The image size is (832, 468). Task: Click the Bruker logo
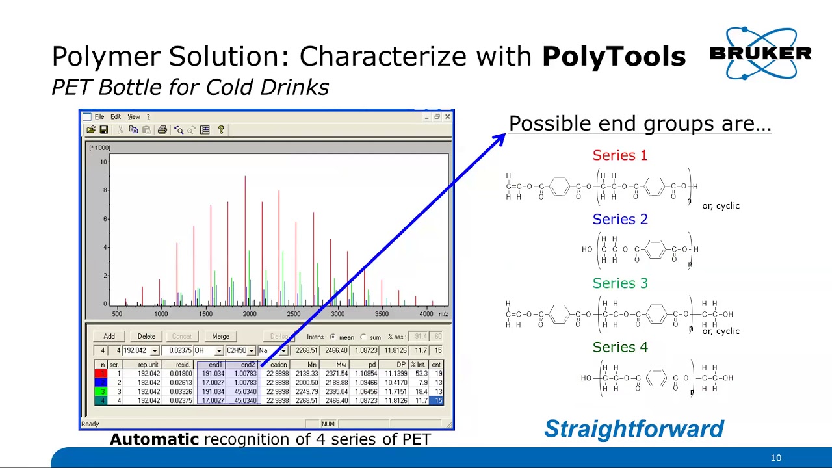click(760, 53)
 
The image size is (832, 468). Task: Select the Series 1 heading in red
click(619, 155)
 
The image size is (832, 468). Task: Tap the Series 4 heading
click(619, 347)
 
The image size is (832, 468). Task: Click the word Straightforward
click(634, 429)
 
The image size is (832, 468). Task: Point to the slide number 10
click(775, 458)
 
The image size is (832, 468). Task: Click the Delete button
click(146, 336)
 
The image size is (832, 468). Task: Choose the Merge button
click(220, 336)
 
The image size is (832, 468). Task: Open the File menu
click(99, 117)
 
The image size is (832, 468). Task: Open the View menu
click(134, 117)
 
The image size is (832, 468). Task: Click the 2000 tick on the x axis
click(250, 314)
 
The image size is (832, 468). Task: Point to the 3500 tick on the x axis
click(382, 314)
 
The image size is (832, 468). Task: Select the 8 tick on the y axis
click(104, 190)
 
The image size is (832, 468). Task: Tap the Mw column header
click(341, 365)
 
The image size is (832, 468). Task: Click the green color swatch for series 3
click(101, 392)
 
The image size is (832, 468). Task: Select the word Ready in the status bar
click(90, 424)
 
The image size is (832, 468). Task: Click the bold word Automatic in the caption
click(154, 439)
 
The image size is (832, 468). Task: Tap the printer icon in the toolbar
click(162, 130)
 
